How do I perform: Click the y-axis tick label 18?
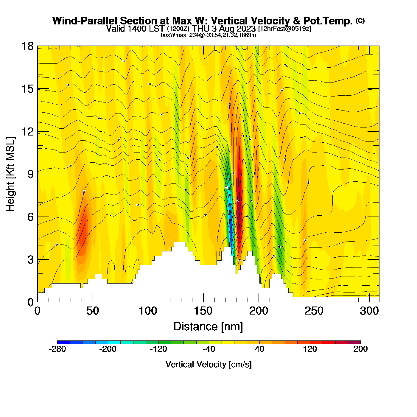[27, 46]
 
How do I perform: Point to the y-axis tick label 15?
[27, 89]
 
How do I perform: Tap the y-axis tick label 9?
[30, 174]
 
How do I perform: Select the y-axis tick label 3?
[30, 259]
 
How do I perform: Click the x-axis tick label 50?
[93, 311]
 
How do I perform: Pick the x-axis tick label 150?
[203, 311]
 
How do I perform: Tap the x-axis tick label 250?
[314, 311]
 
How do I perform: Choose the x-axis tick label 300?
[369, 311]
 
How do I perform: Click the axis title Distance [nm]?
[208, 326]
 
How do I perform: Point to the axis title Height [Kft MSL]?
[10, 174]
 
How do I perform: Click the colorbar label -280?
[57, 349]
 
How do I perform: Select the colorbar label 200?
[360, 349]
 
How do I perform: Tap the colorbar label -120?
[158, 349]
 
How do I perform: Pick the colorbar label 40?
[259, 349]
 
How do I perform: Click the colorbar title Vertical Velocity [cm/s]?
[208, 364]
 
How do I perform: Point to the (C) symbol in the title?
[360, 21]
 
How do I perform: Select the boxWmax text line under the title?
[208, 35]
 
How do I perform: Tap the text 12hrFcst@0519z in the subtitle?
[284, 29]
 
